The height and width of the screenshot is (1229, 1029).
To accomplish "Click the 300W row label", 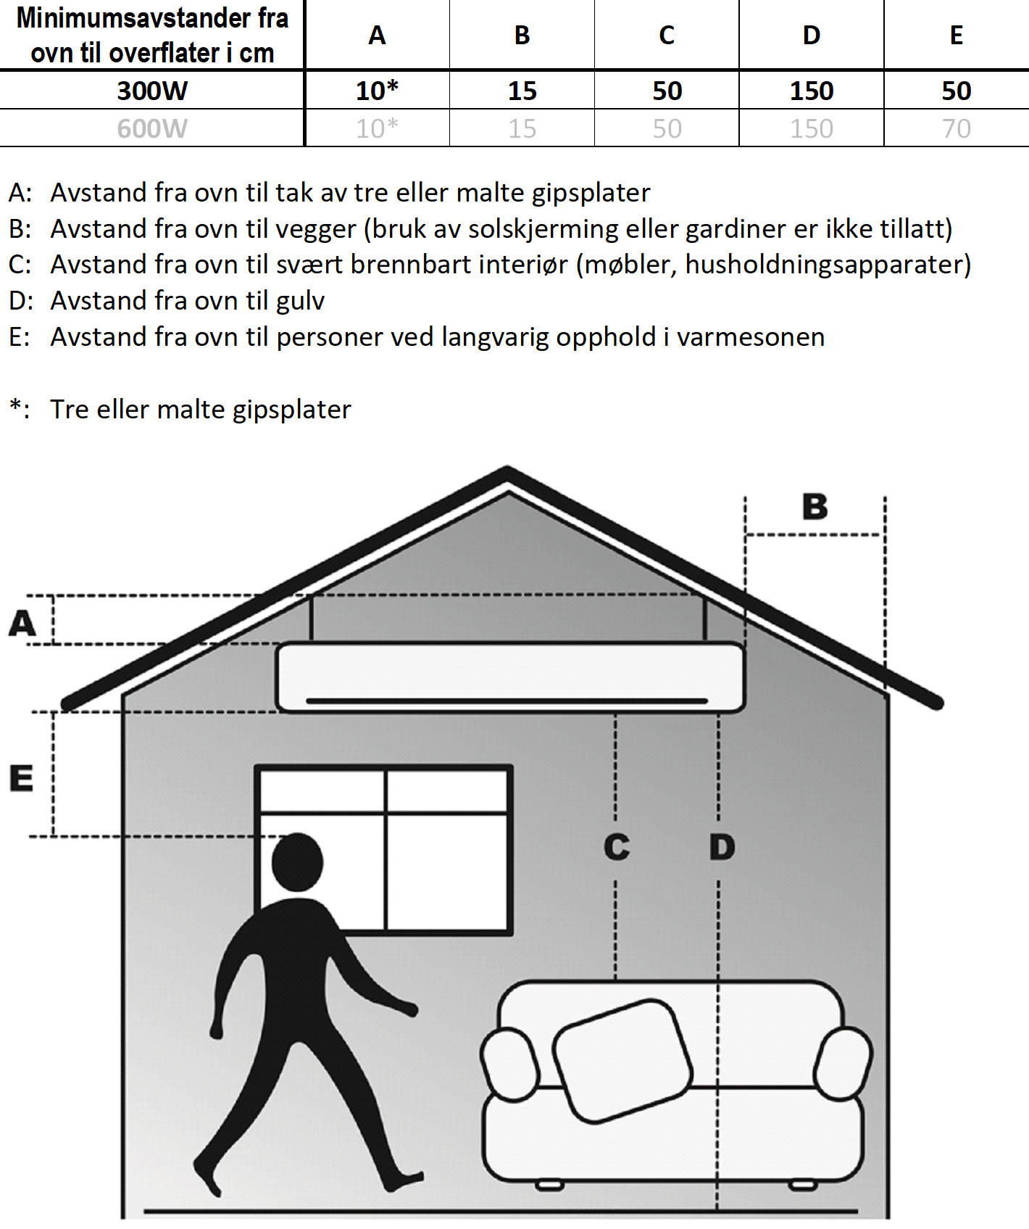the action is pos(152,91).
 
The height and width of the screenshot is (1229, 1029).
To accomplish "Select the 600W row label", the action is pos(152,128).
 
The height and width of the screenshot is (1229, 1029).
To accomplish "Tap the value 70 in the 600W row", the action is pos(956,128).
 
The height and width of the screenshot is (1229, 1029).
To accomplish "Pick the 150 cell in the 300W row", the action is pos(812,91).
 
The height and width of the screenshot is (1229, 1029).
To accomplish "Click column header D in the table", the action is pos(812,35).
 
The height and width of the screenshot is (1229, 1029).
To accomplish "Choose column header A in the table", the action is pos(377,35).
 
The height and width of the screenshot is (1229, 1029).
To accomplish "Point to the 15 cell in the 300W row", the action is pos(522,91).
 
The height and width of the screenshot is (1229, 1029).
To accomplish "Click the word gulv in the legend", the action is pos(301,301).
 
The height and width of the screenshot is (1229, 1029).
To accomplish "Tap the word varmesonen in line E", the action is pos(751,337).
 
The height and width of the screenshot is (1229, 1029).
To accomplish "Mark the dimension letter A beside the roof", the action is pos(22,623).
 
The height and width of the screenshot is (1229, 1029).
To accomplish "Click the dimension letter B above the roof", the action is pos(815,507).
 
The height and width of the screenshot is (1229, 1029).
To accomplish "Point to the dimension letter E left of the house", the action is pos(21,778).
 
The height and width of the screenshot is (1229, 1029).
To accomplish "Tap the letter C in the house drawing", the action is pos(617,847).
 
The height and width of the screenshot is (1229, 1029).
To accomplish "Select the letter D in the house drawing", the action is pos(722,847).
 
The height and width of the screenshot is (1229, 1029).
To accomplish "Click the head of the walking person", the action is pos(297,863).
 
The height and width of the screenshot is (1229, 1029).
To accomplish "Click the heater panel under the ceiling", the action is pos(510,677).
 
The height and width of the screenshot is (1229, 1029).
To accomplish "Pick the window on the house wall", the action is pos(385,849).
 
